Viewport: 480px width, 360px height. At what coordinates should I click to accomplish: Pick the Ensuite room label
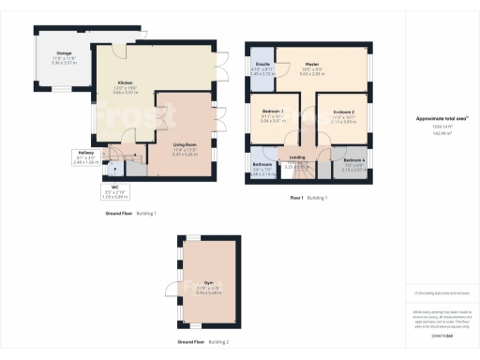tap(262, 64)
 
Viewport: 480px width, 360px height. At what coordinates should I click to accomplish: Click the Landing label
tap(297, 157)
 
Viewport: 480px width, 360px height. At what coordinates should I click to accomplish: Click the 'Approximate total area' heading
tap(441, 119)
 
